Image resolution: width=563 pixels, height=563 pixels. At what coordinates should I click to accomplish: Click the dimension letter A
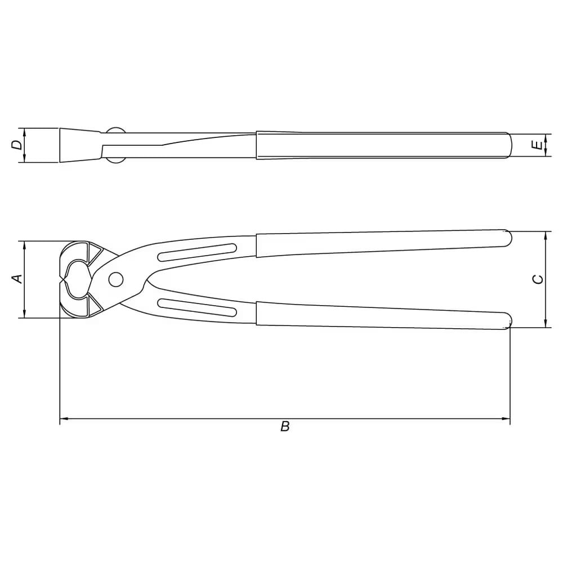[x=18, y=279]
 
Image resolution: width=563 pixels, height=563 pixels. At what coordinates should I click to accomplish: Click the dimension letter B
[x=285, y=427]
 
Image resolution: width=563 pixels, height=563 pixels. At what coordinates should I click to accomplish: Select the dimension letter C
[x=538, y=279]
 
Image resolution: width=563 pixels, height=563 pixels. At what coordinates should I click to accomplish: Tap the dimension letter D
[x=16, y=145]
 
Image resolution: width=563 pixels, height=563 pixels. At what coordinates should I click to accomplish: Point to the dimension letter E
[x=537, y=145]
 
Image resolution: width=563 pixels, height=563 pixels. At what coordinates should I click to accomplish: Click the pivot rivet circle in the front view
[x=115, y=279]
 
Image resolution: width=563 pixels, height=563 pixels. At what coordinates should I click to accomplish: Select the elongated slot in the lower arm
[x=197, y=307]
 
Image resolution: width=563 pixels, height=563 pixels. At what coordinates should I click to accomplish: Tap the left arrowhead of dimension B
[x=64, y=419]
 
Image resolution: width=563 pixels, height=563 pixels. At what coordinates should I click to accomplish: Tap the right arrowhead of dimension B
[x=506, y=419]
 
